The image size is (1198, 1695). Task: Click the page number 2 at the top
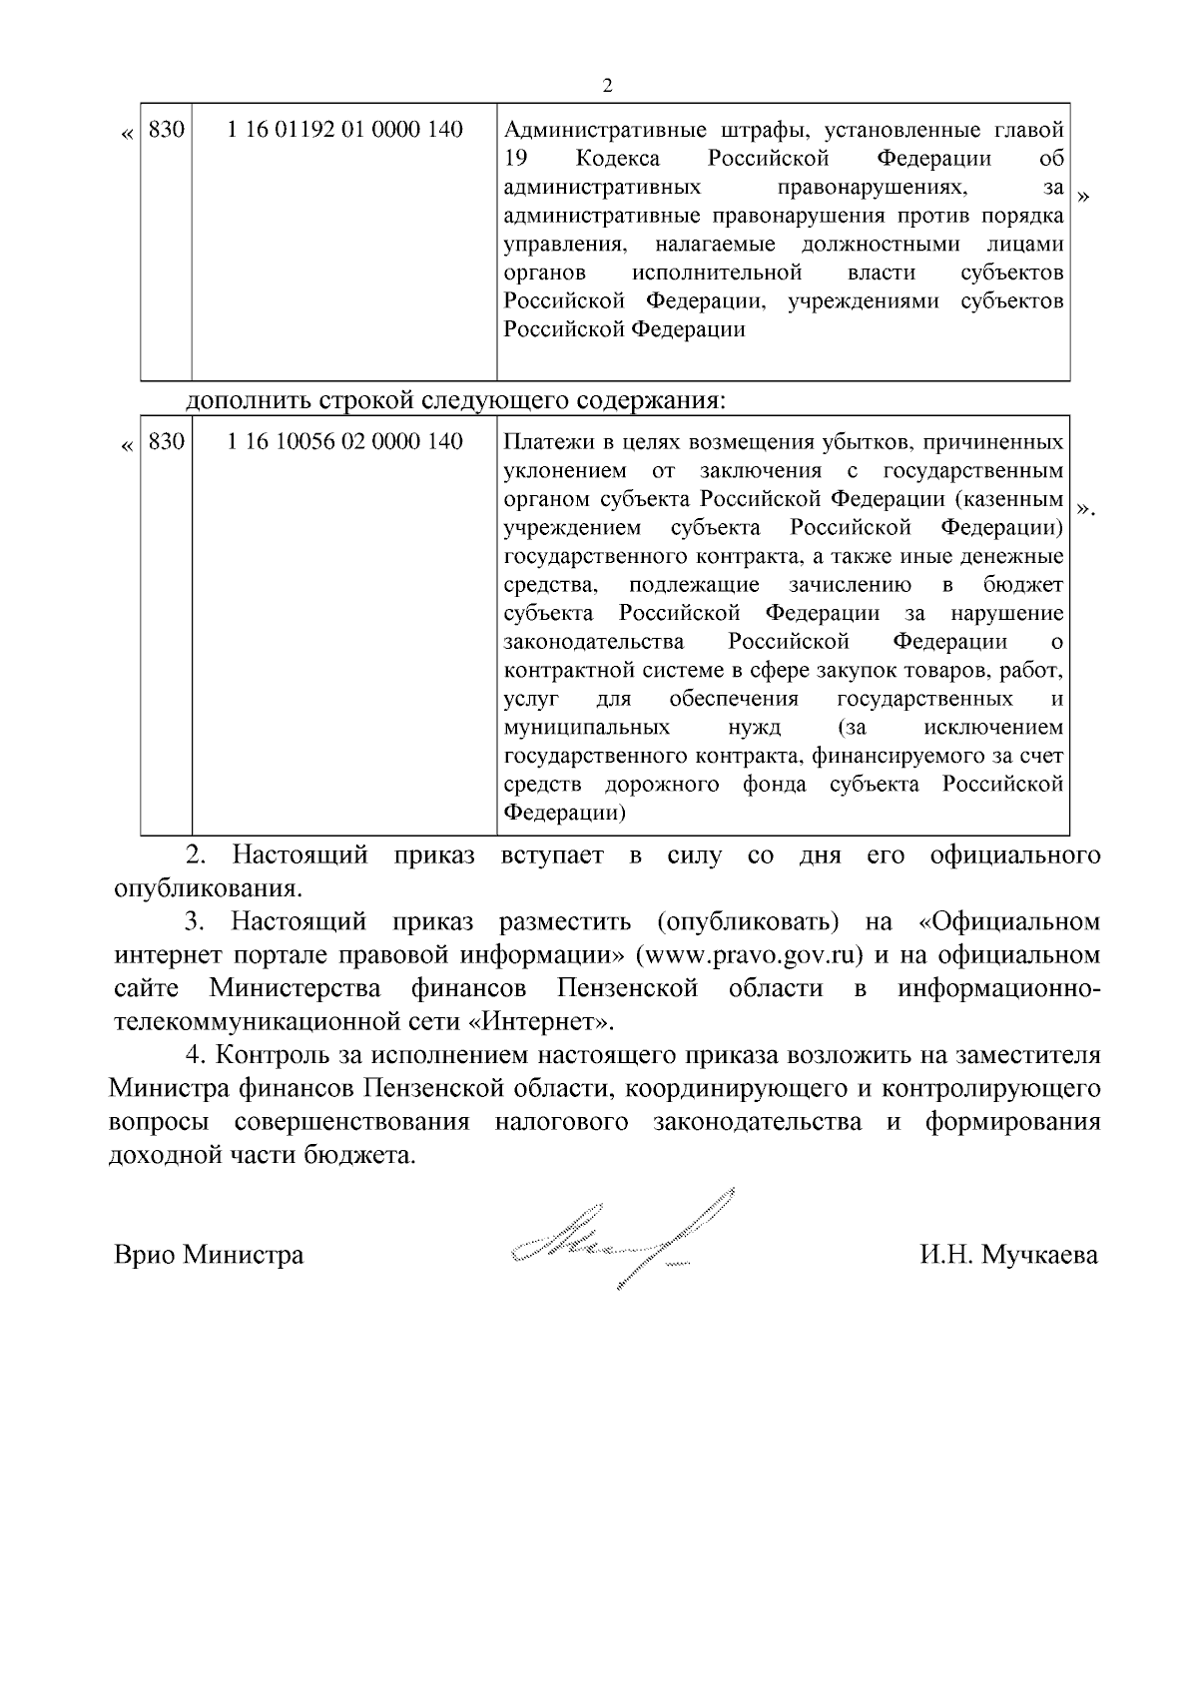tap(608, 85)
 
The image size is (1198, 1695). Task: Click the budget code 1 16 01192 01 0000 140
tap(345, 130)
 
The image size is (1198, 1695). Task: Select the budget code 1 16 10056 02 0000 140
tap(345, 441)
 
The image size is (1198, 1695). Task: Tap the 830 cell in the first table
tap(166, 130)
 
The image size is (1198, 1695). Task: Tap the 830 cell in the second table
tap(166, 441)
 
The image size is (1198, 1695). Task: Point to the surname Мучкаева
tap(1039, 1255)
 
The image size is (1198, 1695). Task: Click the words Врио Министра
tap(209, 1255)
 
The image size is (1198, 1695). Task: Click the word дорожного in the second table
tap(662, 785)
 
